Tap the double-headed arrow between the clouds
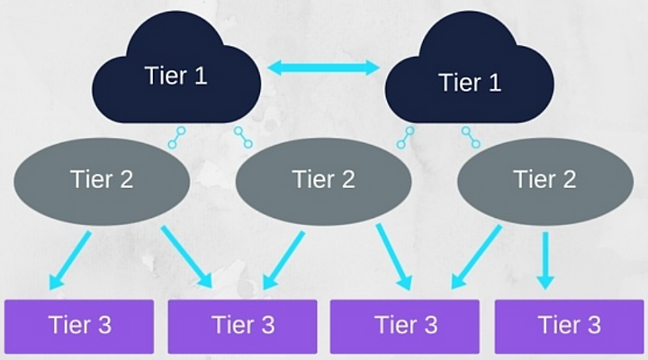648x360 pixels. [x=323, y=67]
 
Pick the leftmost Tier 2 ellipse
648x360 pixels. [x=102, y=181]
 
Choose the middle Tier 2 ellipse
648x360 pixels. [x=324, y=181]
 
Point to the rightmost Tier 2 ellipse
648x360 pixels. [x=545, y=181]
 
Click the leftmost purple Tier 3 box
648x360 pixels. [x=79, y=327]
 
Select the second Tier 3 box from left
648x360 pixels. [x=243, y=327]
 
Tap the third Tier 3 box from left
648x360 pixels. [x=405, y=327]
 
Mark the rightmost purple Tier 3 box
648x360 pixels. [x=569, y=327]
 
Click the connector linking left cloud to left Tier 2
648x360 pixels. [x=176, y=138]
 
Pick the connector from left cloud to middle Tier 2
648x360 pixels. [x=243, y=138]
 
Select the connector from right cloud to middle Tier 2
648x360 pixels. [x=405, y=138]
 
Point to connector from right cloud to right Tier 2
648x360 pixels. [x=471, y=138]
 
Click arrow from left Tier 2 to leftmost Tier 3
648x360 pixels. [x=69, y=260]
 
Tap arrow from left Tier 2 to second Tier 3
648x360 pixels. [x=186, y=256]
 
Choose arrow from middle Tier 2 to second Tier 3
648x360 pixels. [x=283, y=260]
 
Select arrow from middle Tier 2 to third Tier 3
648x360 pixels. [x=394, y=256]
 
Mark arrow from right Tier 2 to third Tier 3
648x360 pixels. [x=476, y=257]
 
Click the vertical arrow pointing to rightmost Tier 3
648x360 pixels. [x=545, y=260]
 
